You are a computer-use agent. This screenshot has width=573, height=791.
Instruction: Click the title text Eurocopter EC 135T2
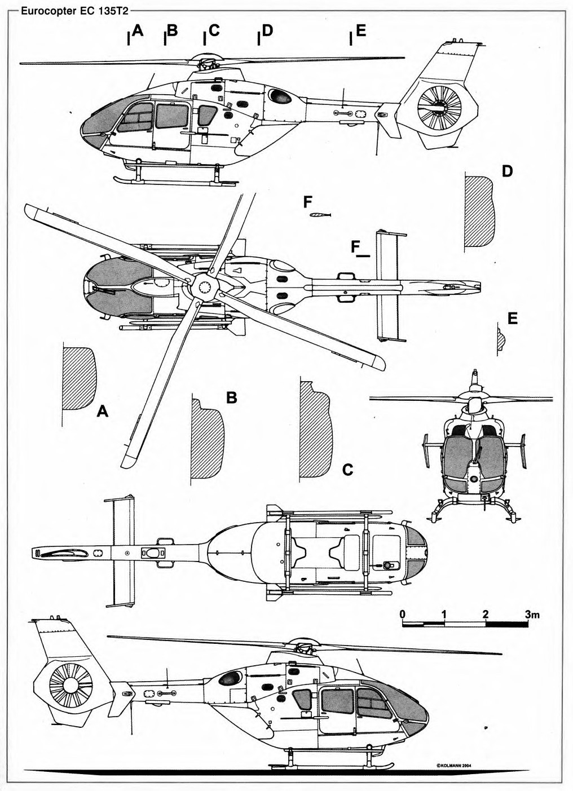point(72,10)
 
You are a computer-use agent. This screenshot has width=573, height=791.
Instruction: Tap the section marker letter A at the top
point(138,32)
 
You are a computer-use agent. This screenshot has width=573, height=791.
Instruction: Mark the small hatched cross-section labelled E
point(501,339)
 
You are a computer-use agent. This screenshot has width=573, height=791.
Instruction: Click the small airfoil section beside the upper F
point(320,214)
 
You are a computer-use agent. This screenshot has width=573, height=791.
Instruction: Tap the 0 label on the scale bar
point(402,613)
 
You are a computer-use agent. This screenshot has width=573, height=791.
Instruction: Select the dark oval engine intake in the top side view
point(280,96)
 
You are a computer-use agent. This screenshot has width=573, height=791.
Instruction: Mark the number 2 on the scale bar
point(485,613)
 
